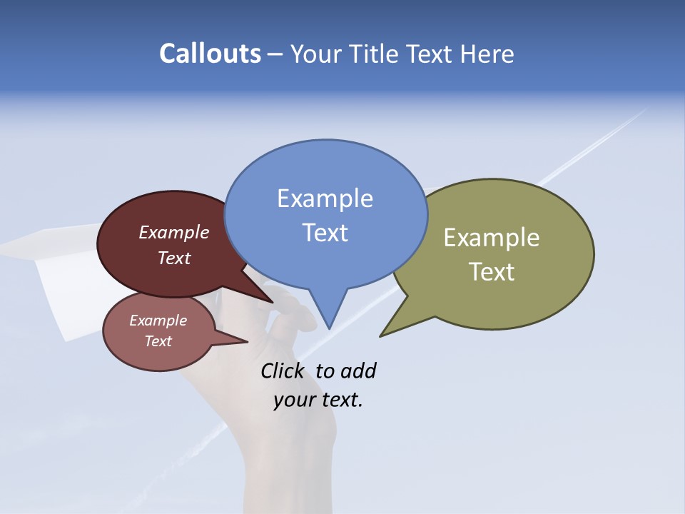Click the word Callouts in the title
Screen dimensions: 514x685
click(210, 54)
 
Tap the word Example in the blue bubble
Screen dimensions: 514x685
click(325, 198)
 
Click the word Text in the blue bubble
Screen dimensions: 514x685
click(325, 232)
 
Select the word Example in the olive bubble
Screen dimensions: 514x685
click(492, 238)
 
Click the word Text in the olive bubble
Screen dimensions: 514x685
click(492, 272)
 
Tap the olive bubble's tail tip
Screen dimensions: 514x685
click(381, 336)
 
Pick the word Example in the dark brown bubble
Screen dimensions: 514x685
click(174, 232)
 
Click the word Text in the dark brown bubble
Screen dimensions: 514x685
click(174, 258)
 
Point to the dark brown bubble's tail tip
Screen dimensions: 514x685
click(272, 302)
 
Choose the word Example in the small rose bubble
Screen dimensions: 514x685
click(158, 321)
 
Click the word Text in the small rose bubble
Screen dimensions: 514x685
click(158, 341)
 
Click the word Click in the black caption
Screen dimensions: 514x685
click(283, 371)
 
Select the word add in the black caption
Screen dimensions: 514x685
click(358, 371)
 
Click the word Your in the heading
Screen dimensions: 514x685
click(317, 54)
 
